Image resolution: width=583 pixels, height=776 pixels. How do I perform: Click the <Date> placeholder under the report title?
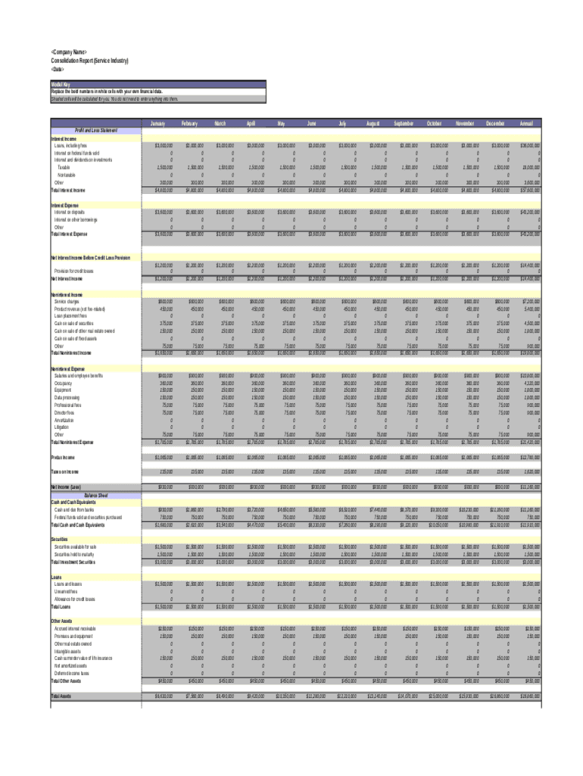pos(58,68)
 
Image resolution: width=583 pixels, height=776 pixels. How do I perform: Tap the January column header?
pos(157,123)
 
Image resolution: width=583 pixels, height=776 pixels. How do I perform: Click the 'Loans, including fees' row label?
pos(71,145)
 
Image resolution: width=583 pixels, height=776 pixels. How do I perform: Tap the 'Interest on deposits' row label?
pos(70,213)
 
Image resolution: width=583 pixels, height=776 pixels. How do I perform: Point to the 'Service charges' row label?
pos(68,301)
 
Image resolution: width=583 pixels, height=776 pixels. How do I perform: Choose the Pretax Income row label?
pos(64,457)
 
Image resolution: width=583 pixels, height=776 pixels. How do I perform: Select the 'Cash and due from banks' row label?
pos(73,510)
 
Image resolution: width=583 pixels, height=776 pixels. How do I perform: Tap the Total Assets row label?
pos(62,695)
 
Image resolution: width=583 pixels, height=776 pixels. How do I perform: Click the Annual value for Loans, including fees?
pos(528,145)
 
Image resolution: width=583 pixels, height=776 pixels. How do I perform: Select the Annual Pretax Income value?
pos(528,457)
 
